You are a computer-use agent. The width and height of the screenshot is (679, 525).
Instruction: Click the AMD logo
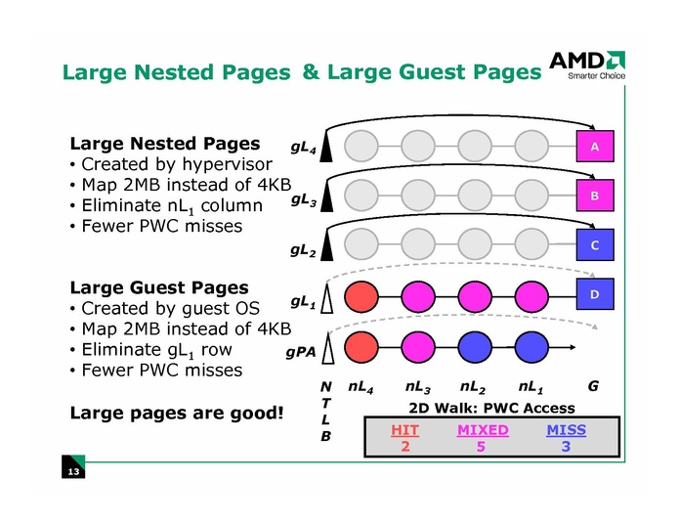coord(585,63)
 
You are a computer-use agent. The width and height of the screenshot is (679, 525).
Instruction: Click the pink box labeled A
coord(594,147)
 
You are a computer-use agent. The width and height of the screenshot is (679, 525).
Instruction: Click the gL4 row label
coord(303,149)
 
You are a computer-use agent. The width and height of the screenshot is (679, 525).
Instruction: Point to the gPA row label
coord(300,351)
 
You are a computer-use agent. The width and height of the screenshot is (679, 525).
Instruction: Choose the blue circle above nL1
coord(532,345)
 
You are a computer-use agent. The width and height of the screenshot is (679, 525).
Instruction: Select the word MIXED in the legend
coord(483,430)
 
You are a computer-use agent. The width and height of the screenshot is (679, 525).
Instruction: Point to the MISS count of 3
coord(566,447)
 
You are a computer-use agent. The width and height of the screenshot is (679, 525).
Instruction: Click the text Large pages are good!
coord(177,413)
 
